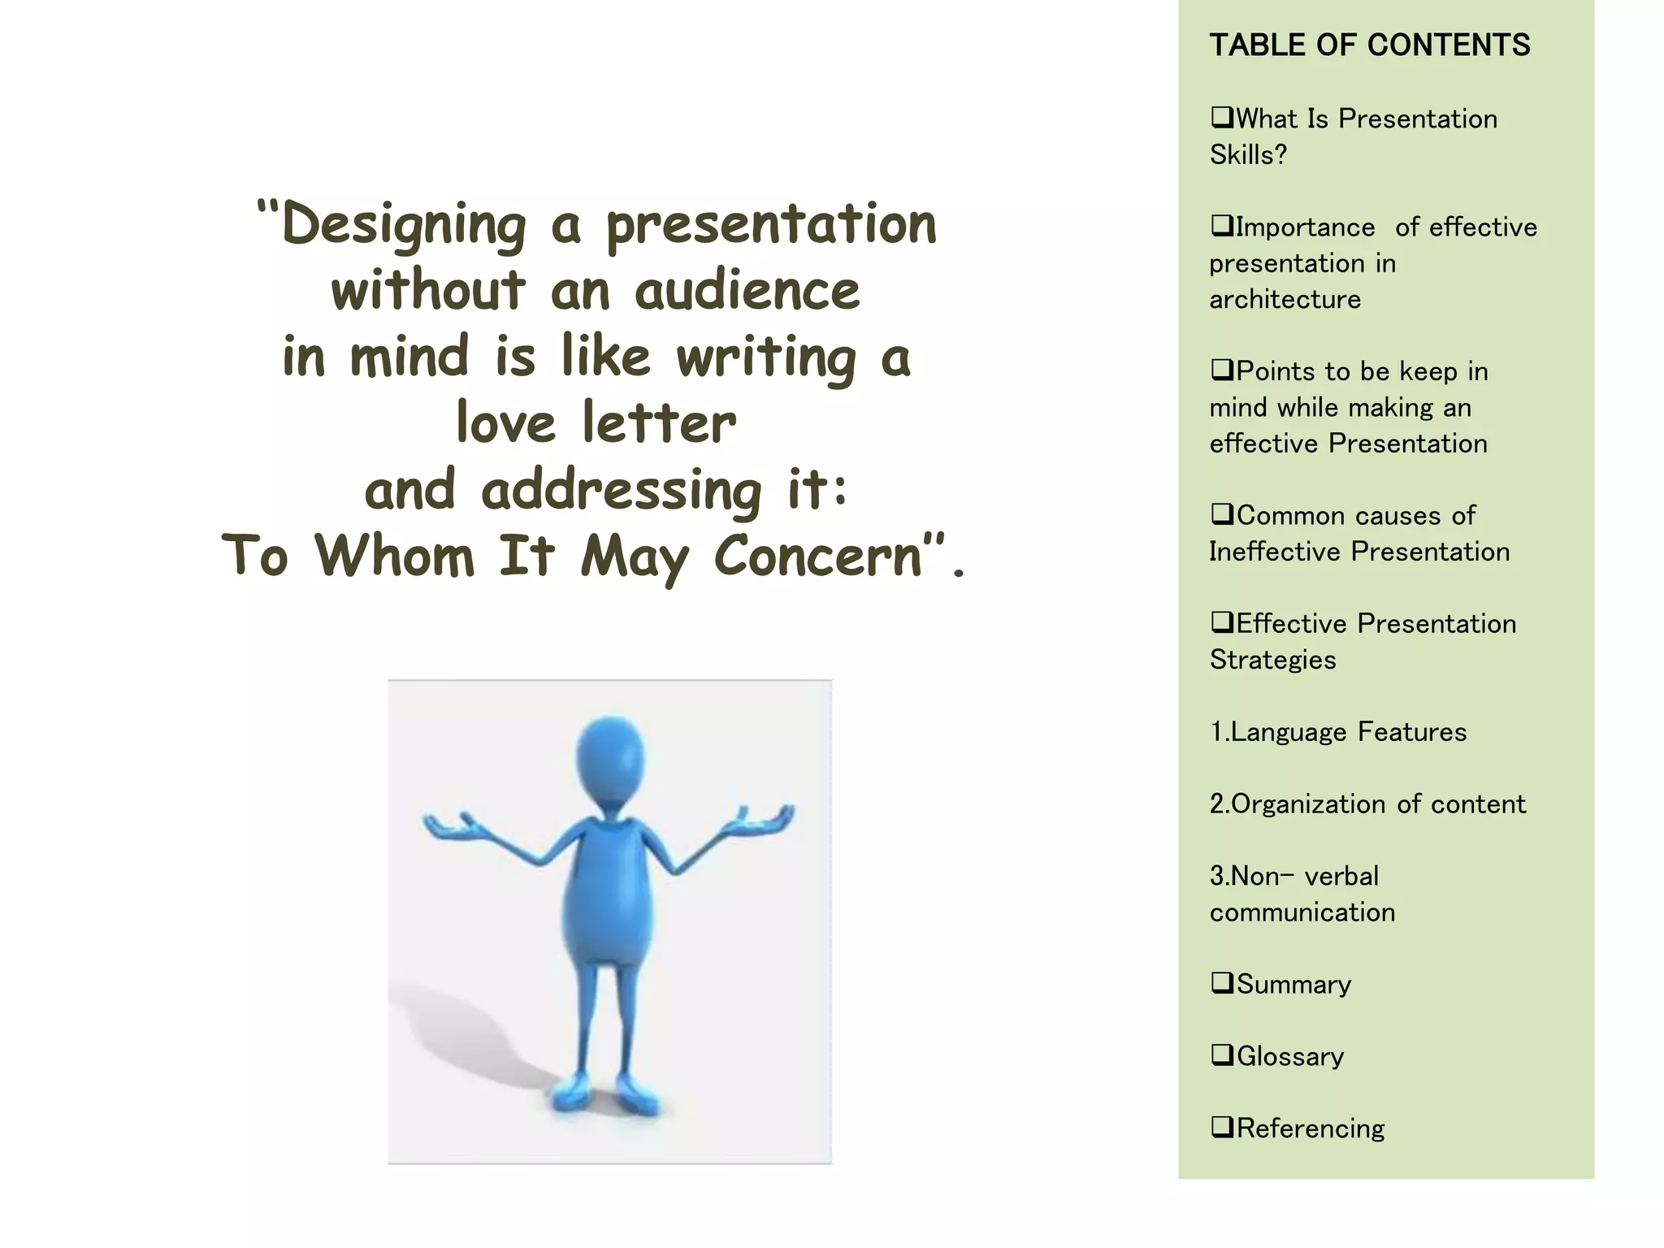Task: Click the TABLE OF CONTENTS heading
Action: pyautogui.click(x=1369, y=45)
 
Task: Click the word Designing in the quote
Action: pyautogui.click(x=404, y=225)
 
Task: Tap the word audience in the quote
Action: pyautogui.click(x=747, y=291)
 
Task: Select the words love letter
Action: pyautogui.click(x=596, y=423)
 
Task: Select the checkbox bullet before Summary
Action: pyautogui.click(x=1221, y=983)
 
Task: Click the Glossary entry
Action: pyautogui.click(x=1289, y=1056)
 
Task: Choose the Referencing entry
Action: pyautogui.click(x=1310, y=1129)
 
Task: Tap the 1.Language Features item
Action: pyautogui.click(x=1338, y=732)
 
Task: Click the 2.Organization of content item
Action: pyautogui.click(x=1367, y=804)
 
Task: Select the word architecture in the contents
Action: pyautogui.click(x=1285, y=300)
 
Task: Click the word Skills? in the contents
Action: pyautogui.click(x=1248, y=155)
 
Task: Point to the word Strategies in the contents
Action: pyautogui.click(x=1272, y=660)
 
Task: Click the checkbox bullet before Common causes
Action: pyautogui.click(x=1221, y=514)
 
